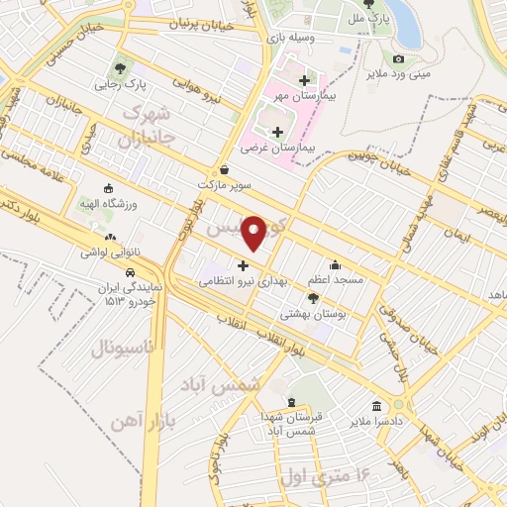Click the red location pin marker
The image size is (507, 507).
[254, 233]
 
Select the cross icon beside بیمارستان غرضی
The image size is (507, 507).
[276, 131]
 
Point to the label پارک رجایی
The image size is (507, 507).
[120, 84]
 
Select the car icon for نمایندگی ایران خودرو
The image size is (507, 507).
[130, 268]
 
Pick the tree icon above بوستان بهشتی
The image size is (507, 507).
[313, 297]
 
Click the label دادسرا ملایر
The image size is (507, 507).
[376, 421]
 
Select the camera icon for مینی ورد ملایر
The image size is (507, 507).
[398, 58]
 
